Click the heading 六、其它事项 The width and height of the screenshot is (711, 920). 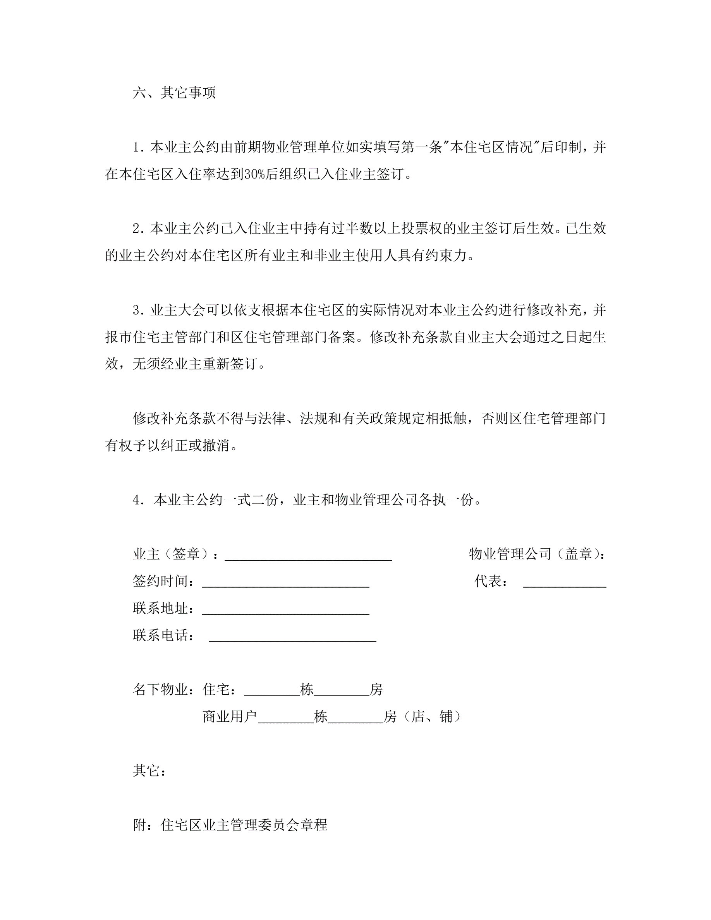pos(174,93)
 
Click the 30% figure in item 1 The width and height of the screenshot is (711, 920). pos(255,174)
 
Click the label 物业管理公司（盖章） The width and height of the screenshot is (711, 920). pos(537,554)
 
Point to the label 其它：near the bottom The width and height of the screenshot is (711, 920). pos(149,771)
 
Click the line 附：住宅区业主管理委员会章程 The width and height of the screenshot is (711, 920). pos(230,825)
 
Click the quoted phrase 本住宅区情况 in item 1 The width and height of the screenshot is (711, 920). pos(491,147)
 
